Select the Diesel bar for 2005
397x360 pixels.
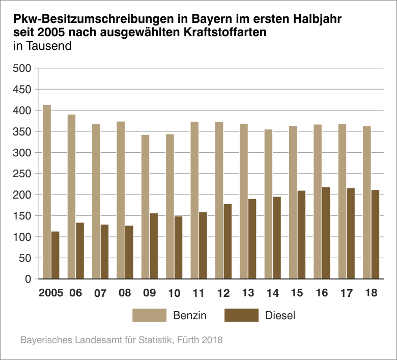point(55,255)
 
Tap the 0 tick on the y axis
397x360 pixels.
point(27,279)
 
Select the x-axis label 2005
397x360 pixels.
point(50,293)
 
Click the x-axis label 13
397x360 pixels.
point(248,293)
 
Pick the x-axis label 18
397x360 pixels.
point(371,293)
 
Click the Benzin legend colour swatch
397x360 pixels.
point(149,315)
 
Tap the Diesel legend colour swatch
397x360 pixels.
point(241,315)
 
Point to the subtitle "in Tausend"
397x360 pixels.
point(42,46)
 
